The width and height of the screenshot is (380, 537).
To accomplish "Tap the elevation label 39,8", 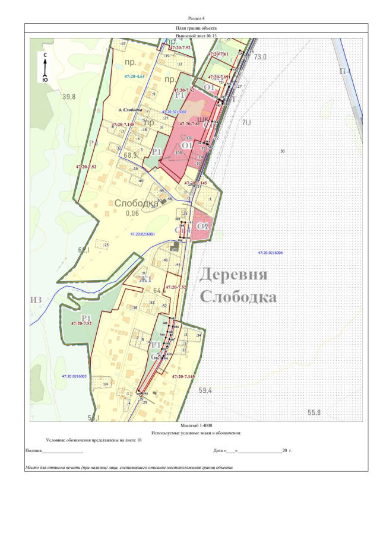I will point(70,96).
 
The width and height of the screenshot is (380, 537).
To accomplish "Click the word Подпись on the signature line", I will point(34,451).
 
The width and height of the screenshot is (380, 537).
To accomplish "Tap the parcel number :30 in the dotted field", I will point(282,151).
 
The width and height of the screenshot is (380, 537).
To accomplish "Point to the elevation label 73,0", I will point(260,57).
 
